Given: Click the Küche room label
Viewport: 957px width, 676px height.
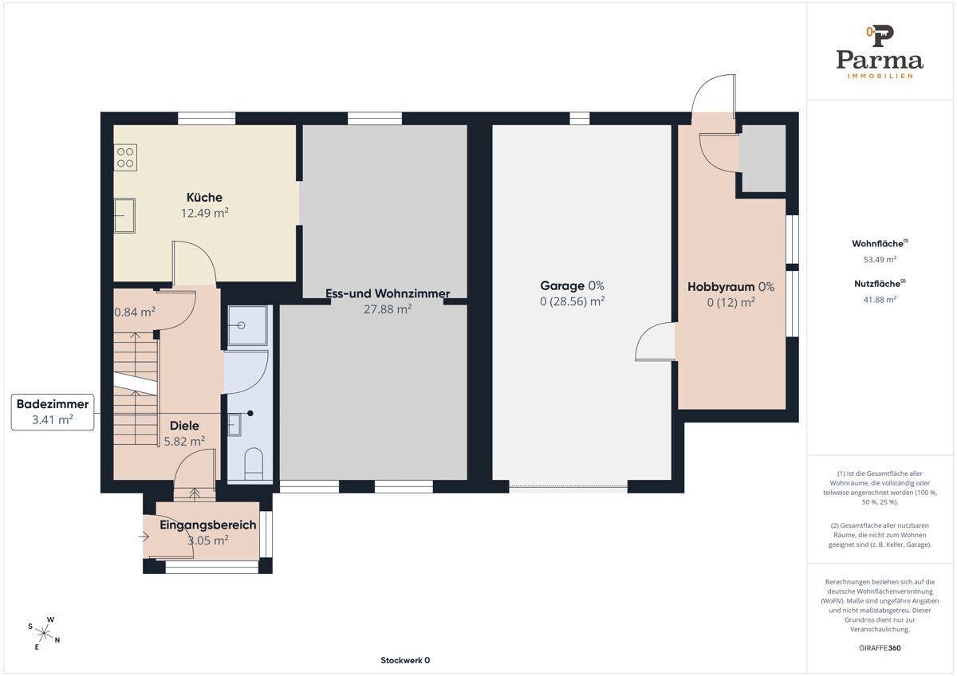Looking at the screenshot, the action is point(204,197).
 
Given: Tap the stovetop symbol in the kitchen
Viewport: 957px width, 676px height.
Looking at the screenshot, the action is point(125,158).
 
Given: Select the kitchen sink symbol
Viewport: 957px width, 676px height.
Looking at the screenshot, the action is point(124,216).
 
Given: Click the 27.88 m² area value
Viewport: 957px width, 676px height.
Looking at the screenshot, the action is point(388,309).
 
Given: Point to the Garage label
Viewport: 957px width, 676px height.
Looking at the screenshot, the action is point(561,285).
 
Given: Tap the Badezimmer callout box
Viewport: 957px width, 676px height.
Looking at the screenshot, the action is point(53,412).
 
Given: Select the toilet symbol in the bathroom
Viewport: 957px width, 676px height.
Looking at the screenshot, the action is point(254,464).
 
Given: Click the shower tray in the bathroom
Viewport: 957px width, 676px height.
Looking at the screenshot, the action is point(248,325).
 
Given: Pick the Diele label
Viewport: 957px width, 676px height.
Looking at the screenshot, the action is point(184,426).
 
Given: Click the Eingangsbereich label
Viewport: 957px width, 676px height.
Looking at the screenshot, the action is point(207,525).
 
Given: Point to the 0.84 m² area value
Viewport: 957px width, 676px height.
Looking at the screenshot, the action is point(135,312).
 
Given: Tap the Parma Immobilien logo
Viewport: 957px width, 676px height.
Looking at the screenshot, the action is point(880,52).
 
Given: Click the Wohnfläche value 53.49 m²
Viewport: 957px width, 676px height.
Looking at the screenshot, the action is point(880,259).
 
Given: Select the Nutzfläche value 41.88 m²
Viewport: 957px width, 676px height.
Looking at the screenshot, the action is point(880,300).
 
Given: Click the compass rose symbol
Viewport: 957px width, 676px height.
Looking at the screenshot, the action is point(44,633).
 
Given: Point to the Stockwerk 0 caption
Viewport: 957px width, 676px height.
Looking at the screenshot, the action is point(405,660).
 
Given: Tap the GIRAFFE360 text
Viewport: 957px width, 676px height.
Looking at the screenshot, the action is point(880,648).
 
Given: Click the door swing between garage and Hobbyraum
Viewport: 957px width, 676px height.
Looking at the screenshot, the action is point(655,342).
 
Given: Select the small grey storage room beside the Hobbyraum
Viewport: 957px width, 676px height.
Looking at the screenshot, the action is point(762,159).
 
